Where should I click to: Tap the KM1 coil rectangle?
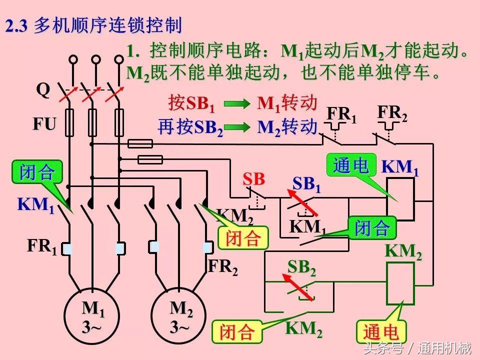click(x=400, y=198)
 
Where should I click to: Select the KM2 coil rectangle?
click(x=400, y=283)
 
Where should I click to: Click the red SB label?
click(x=254, y=179)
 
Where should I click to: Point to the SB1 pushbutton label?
click(x=306, y=184)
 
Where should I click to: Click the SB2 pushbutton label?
click(x=301, y=268)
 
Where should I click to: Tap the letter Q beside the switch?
click(x=43, y=90)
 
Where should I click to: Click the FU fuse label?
click(x=44, y=123)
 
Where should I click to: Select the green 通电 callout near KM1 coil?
click(x=351, y=165)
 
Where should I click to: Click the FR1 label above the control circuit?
click(x=342, y=115)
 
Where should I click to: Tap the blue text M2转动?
click(x=287, y=127)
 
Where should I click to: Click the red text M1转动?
click(x=287, y=103)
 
